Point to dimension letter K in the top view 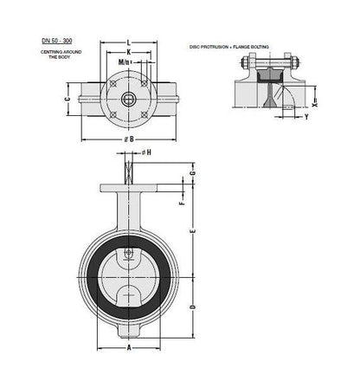point(128,52)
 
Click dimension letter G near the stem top point(192,176)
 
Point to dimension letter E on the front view point(192,232)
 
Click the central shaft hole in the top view point(128,100)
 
